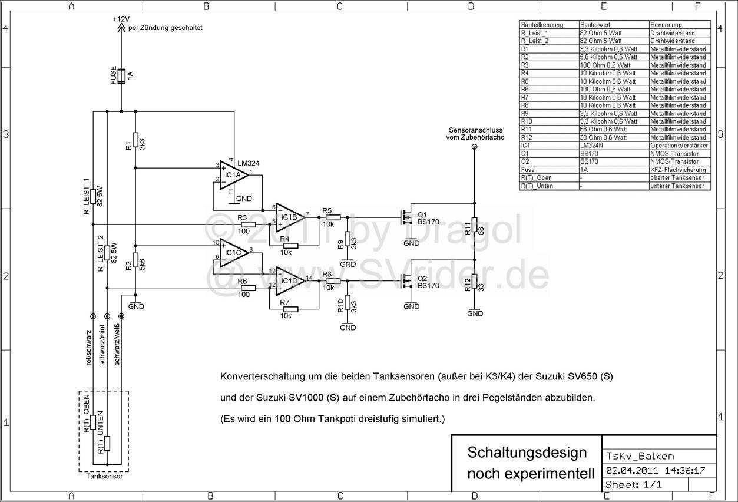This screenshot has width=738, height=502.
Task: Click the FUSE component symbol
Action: (121, 77)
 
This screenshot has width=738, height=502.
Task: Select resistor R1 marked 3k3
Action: (135, 140)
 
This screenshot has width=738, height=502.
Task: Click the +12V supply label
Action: (121, 19)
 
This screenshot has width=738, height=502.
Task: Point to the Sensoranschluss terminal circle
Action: (475, 148)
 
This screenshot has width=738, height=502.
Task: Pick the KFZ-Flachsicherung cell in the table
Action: (677, 169)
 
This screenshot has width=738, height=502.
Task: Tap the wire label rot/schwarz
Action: (88, 348)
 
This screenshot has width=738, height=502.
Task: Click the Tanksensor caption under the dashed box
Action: (104, 477)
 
